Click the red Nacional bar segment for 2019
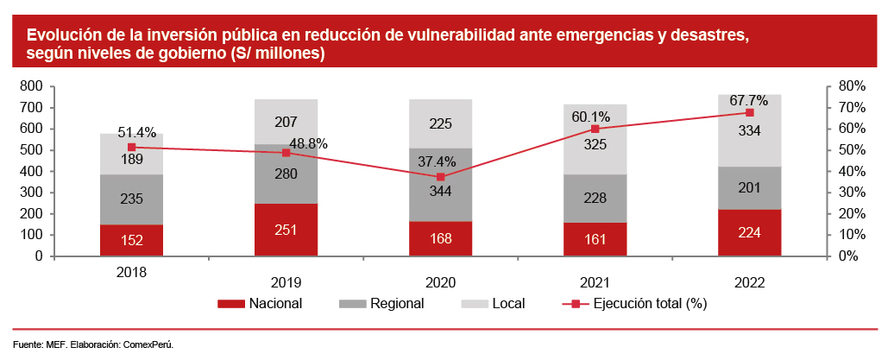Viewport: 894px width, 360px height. [286, 230]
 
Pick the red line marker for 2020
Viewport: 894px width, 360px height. [441, 177]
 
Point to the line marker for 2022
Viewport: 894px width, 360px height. [749, 112]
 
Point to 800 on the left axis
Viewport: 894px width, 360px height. [31, 86]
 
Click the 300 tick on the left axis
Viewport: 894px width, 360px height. [31, 193]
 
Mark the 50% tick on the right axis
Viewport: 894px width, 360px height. [851, 150]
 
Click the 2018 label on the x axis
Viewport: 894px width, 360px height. [131, 271]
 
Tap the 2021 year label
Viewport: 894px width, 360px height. [595, 281]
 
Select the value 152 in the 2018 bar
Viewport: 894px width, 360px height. [131, 241]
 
